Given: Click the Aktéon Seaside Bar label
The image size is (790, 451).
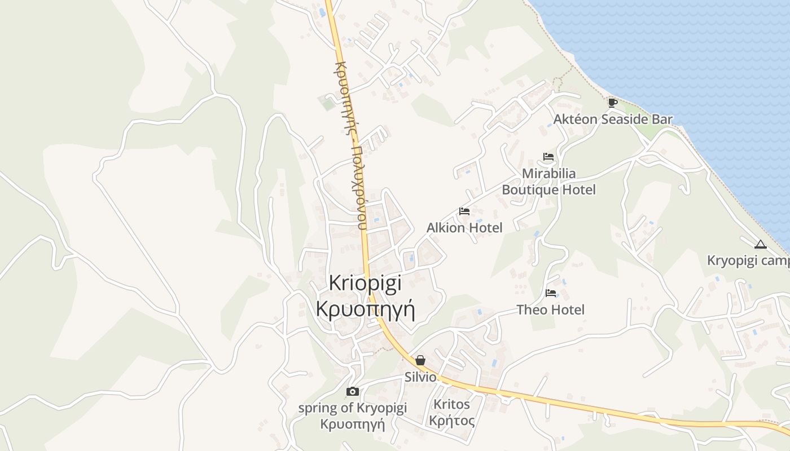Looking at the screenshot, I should (613, 120).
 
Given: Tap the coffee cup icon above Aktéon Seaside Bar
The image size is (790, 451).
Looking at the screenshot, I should (612, 103).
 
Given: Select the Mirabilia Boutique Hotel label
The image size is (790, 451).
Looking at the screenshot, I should (548, 182).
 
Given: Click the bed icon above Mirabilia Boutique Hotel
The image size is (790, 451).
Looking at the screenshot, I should (548, 157).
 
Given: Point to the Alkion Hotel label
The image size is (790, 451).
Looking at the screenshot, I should (464, 228).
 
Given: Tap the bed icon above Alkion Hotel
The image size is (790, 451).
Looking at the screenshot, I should (464, 211).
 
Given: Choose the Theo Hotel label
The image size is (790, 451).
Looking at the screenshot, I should (551, 309).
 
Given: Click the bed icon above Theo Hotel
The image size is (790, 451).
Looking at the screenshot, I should (551, 293).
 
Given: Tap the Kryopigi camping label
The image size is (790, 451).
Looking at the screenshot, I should (748, 261).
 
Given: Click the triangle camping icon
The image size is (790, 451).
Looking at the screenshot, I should (760, 245).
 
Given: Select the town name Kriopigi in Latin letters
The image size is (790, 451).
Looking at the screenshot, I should (365, 282).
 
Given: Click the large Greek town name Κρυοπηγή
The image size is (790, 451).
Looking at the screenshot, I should (366, 309).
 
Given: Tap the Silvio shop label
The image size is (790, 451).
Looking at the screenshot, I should (420, 377).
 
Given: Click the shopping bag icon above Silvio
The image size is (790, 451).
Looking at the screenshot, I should (420, 360).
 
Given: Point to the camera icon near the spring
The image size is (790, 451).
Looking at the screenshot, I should (352, 391).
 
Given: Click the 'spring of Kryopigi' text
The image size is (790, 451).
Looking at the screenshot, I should (352, 408).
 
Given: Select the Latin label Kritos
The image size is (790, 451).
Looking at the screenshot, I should (451, 404).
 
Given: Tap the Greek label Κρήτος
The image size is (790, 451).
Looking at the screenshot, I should (451, 421).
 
